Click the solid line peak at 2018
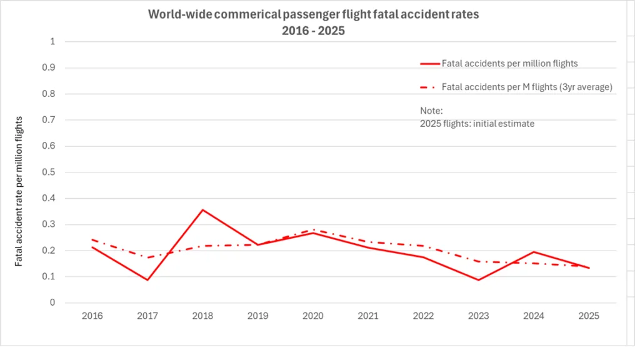pyautogui.click(x=202, y=209)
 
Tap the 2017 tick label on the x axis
pyautogui.click(x=147, y=316)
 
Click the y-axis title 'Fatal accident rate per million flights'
pyautogui.click(x=19, y=191)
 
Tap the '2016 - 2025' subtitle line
pyautogui.click(x=313, y=30)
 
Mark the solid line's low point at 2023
pyautogui.click(x=478, y=279)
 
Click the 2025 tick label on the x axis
pyautogui.click(x=589, y=316)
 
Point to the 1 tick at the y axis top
pyautogui.click(x=52, y=42)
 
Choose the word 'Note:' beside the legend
pyautogui.click(x=431, y=111)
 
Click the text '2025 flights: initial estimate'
pyautogui.click(x=477, y=124)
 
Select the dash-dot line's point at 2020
pyautogui.click(x=312, y=230)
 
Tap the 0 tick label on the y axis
pyautogui.click(x=52, y=303)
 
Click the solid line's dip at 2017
pyautogui.click(x=147, y=279)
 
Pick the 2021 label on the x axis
pyautogui.click(x=368, y=316)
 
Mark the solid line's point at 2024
pyautogui.click(x=533, y=252)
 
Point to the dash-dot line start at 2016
pyautogui.click(x=92, y=239)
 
